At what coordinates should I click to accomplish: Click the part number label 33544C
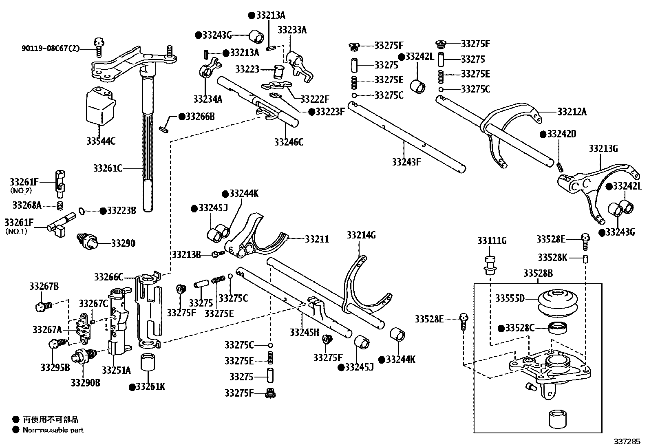pos(101,141)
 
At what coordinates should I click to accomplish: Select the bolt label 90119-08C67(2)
pos(51,49)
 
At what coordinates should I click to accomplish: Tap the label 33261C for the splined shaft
pos(108,168)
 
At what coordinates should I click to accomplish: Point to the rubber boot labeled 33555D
pos(546,302)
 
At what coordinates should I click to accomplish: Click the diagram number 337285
pos(628,441)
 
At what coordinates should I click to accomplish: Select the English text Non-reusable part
pos(53,430)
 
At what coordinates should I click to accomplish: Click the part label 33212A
pos(572,111)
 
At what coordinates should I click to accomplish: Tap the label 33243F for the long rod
pos(406,162)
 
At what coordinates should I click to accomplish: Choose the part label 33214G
pos(361,235)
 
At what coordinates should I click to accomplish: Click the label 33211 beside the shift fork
pos(317,239)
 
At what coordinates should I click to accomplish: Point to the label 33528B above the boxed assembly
pos(538,273)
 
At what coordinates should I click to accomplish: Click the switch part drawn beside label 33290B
pos(83,357)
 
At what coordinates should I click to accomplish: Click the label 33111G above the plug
pos(492,241)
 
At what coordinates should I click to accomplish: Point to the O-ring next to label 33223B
pos(81,211)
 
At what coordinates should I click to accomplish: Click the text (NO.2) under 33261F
pos(21,190)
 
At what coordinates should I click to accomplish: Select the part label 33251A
pos(116,370)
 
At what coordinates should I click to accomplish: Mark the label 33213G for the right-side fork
pos(603,149)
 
